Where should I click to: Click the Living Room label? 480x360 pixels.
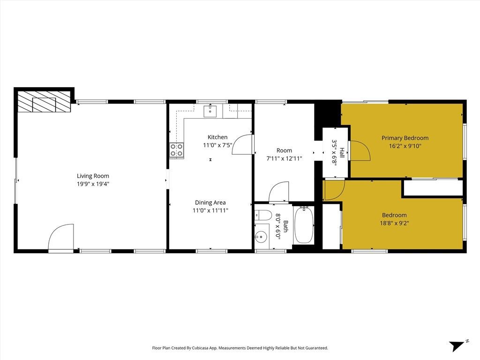tap(93, 176)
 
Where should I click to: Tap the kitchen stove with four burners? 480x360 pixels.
tap(176, 150)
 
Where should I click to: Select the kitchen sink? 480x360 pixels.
tap(210, 111)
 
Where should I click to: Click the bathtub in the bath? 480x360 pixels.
tap(304, 225)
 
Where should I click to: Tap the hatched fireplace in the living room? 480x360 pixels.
tap(44, 102)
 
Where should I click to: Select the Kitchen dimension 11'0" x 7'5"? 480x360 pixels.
tap(217, 145)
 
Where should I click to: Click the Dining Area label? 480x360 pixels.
tap(210, 202)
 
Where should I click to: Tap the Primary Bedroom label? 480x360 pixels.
tap(405, 138)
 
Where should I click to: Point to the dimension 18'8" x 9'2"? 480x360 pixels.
tap(394, 224)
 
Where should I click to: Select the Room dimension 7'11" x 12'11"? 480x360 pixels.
tap(284, 158)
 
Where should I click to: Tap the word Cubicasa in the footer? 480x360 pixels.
tap(206, 348)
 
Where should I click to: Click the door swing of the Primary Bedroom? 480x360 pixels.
tap(360, 150)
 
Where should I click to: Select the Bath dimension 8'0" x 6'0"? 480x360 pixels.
tap(278, 227)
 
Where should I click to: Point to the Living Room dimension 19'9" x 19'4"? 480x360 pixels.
tap(93, 184)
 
